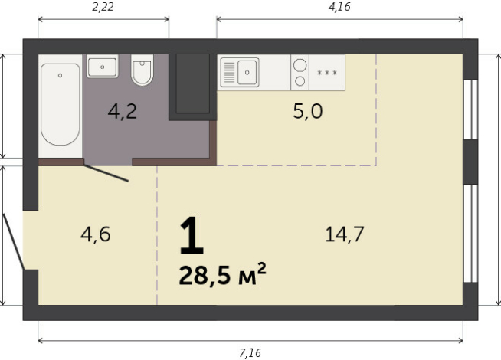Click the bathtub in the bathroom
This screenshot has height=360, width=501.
pyautogui.click(x=61, y=104)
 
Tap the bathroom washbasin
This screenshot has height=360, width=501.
pyautogui.click(x=102, y=67)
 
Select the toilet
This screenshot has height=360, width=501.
pyautogui.click(x=142, y=70)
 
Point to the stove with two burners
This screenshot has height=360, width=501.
pyautogui.click(x=300, y=73)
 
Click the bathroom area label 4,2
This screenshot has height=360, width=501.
pyautogui.click(x=122, y=112)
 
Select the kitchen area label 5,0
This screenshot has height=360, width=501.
pyautogui.click(x=307, y=112)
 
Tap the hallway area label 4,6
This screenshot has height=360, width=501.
pyautogui.click(x=96, y=234)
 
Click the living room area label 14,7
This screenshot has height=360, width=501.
pyautogui.click(x=343, y=234)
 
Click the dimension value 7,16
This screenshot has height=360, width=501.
pyautogui.click(x=250, y=352)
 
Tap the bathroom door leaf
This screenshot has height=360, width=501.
pyautogui.click(x=106, y=173)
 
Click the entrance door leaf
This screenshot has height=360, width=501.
pyautogui.click(x=14, y=241)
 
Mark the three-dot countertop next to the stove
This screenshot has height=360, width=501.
pyautogui.click(x=327, y=73)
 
